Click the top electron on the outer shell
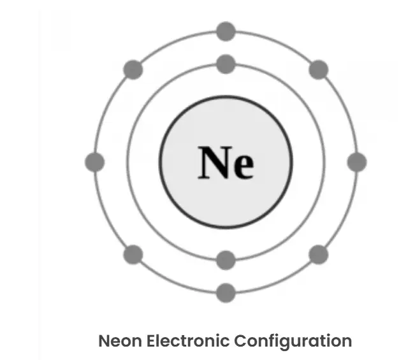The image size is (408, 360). click(x=226, y=31)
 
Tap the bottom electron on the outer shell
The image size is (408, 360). click(x=226, y=293)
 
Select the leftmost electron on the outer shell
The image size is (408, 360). click(x=95, y=162)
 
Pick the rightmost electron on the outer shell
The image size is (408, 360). click(x=357, y=162)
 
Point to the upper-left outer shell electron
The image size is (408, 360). click(x=133, y=69)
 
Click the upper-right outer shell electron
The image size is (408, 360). click(x=319, y=69)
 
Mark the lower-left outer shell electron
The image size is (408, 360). click(x=133, y=254)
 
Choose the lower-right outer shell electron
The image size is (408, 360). click(x=319, y=254)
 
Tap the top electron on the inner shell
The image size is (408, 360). click(x=226, y=64)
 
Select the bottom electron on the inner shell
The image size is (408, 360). click(x=226, y=260)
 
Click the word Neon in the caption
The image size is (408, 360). click(x=120, y=341)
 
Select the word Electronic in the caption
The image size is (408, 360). click(x=188, y=341)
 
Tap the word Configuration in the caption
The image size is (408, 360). click(x=293, y=342)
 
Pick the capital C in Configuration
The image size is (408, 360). click(x=241, y=341)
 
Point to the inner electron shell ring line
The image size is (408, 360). click(x=127, y=162)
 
